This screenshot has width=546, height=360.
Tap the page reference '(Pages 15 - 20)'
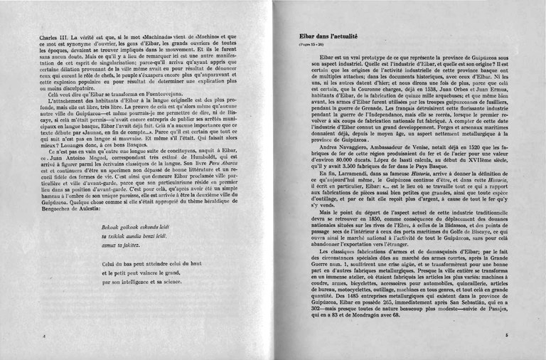click(310, 45)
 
